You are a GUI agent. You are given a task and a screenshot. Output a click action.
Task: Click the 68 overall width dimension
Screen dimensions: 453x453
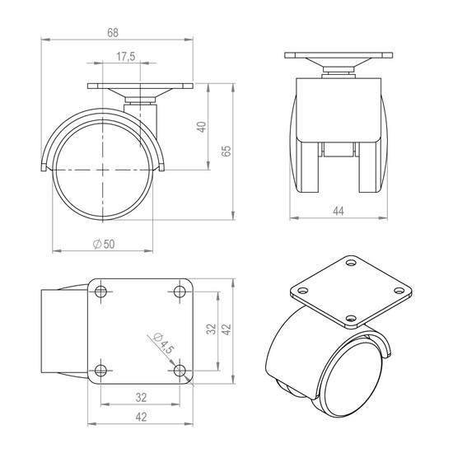coord(113,33)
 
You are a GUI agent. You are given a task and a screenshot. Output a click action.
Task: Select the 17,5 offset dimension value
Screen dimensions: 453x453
coord(126,56)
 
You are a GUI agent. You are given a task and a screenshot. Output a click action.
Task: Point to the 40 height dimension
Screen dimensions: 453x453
coord(202,127)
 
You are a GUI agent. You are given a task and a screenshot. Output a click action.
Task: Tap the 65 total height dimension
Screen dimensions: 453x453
coord(226,151)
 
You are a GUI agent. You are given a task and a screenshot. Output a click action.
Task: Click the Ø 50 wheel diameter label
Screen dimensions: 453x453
coord(104,244)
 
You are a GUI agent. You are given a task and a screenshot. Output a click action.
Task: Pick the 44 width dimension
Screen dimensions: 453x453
coord(339,211)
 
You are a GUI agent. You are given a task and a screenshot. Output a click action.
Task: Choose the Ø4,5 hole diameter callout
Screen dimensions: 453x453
coord(164,343)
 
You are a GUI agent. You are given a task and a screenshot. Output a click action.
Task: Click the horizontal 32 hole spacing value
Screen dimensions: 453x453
coord(141,398)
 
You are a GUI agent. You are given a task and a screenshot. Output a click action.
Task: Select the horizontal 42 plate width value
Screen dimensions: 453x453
coord(141,418)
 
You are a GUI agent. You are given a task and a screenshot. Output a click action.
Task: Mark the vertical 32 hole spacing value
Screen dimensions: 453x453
coord(211,329)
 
